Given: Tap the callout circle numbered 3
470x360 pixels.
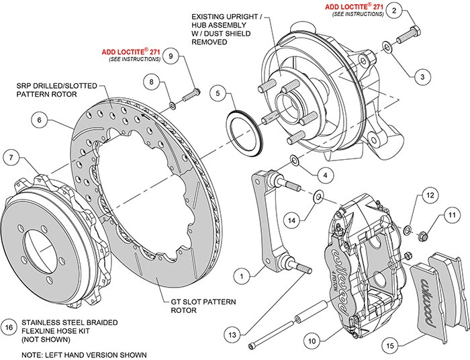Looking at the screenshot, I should pyautogui.click(x=422, y=77).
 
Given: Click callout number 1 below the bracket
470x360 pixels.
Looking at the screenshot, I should pyautogui.click(x=243, y=275).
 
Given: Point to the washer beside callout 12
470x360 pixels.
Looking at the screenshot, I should pyautogui.click(x=407, y=231).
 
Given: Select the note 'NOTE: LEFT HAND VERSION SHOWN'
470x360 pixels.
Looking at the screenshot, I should pyautogui.click(x=76, y=353).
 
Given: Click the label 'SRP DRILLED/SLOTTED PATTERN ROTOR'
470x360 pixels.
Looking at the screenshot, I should pyautogui.click(x=57, y=91).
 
